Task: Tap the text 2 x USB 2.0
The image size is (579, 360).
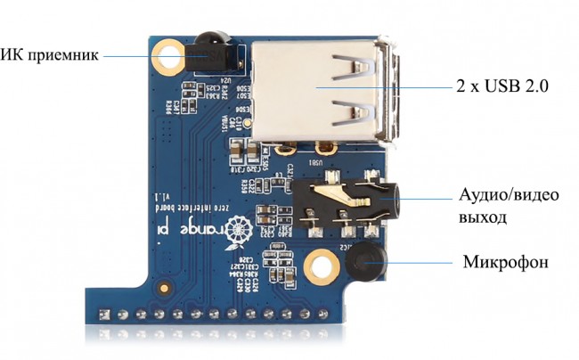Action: coord(502,86)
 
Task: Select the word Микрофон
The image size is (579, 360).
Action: coord(505,263)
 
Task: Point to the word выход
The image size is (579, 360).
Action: coord(483,217)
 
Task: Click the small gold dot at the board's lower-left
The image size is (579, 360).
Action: coord(164,288)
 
